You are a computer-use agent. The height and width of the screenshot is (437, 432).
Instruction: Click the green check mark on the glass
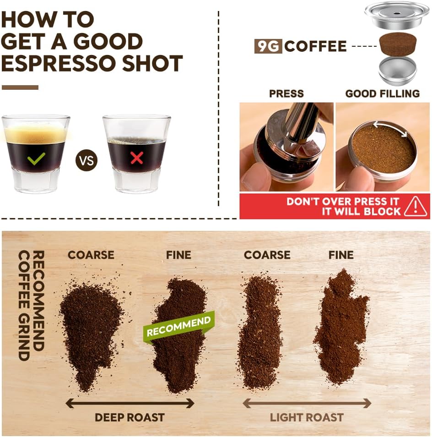pos(36,158)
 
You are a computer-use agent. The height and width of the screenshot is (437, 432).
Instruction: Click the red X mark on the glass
pos(136,158)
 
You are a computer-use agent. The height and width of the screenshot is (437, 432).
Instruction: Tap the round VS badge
pos(86,161)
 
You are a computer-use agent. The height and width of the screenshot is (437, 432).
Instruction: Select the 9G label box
pos(268,46)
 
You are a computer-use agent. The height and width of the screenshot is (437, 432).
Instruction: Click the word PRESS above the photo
pos(286,94)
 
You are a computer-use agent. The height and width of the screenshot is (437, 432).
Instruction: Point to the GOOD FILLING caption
pos(382,94)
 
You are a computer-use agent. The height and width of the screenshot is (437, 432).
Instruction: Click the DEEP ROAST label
pos(130,417)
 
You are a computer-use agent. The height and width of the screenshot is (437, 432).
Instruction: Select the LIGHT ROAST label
pos(306,417)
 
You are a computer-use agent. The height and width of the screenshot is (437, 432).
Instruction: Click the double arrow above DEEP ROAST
pos(130,403)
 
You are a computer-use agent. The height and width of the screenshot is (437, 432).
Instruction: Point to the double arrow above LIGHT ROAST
pos(306,403)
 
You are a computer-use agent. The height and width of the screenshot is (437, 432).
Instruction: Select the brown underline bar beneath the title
pos(20,87)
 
